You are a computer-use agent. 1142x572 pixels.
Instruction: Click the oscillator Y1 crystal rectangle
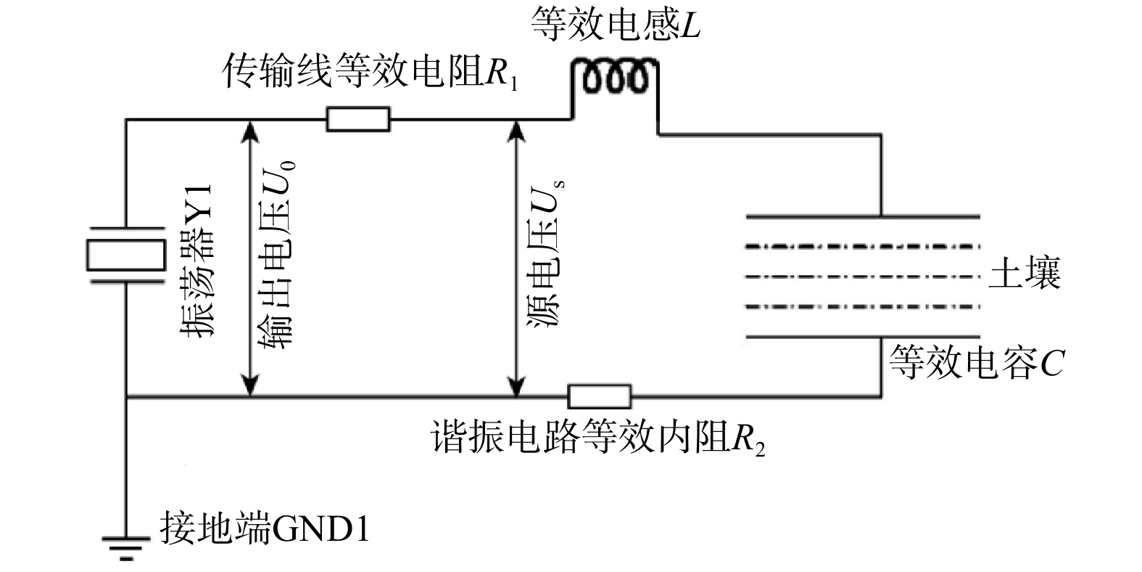click(126, 255)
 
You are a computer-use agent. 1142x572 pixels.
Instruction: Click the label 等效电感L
click(616, 25)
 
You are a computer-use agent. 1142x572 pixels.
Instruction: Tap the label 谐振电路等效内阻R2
click(597, 437)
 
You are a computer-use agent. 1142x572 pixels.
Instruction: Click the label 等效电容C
click(976, 362)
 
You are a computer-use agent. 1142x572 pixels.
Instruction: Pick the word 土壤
click(1025, 273)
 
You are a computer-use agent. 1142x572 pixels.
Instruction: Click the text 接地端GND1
click(265, 528)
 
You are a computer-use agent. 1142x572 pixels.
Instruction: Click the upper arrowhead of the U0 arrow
click(250, 131)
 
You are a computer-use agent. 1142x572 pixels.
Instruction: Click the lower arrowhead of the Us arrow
click(517, 385)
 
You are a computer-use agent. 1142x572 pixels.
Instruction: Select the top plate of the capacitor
click(863, 217)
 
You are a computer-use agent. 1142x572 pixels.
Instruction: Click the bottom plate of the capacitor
click(863, 337)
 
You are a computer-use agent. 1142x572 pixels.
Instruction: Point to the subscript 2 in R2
click(760, 449)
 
